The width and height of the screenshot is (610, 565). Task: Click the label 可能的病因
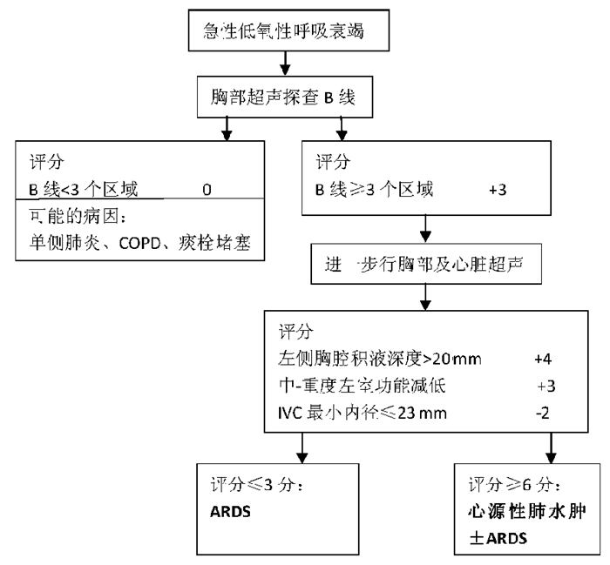(x=66, y=214)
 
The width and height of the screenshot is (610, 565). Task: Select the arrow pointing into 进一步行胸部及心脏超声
(x=425, y=231)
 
